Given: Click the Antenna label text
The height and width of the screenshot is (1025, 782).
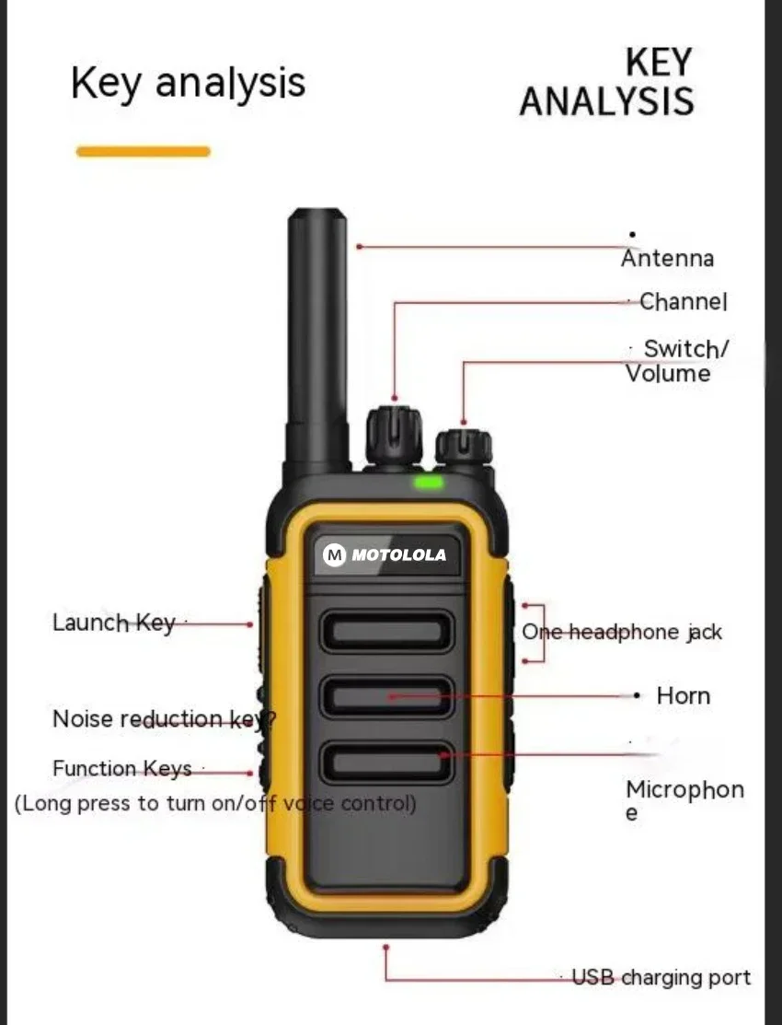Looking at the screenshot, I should pyautogui.click(x=667, y=259).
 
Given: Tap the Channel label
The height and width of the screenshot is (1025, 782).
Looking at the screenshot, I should pyautogui.click(x=683, y=302).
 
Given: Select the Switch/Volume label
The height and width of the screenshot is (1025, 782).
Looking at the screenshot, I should pyautogui.click(x=678, y=361).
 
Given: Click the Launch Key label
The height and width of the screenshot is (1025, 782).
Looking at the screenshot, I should pyautogui.click(x=113, y=623).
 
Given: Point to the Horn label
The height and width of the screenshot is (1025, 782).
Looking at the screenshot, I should pyautogui.click(x=683, y=695).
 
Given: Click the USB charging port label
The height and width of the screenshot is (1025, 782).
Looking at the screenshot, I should pyautogui.click(x=661, y=977).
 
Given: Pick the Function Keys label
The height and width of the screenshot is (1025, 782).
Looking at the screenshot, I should pyautogui.click(x=122, y=769).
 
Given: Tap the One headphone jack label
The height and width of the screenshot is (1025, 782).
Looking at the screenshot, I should pyautogui.click(x=622, y=633).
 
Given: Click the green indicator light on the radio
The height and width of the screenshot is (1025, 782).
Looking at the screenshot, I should pyautogui.click(x=429, y=482).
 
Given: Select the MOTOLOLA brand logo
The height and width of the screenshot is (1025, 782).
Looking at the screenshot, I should pyautogui.click(x=385, y=554).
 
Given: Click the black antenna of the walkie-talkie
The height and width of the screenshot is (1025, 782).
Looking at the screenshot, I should pyautogui.click(x=317, y=341).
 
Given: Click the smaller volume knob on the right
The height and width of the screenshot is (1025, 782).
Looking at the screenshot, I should pyautogui.click(x=464, y=447).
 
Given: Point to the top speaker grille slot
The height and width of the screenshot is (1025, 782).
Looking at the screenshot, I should pyautogui.click(x=386, y=631).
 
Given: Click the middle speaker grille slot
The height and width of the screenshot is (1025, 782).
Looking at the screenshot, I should pyautogui.click(x=386, y=697).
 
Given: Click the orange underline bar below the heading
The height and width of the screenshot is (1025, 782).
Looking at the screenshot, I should pyautogui.click(x=144, y=151).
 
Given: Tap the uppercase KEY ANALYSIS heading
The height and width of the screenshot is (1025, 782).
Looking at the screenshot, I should pyautogui.click(x=607, y=83).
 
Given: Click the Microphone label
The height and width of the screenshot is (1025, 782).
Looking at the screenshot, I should pyautogui.click(x=684, y=799).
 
